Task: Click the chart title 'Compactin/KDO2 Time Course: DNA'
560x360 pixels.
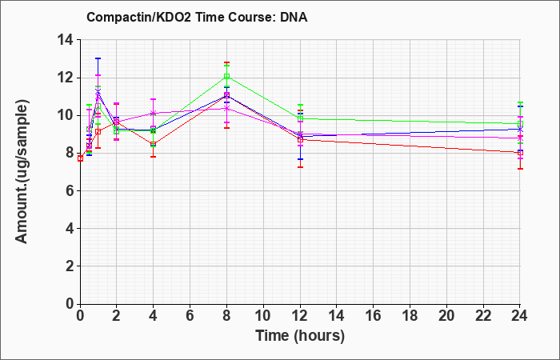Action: [x=197, y=17]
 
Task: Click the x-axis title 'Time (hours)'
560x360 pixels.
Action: [x=300, y=336]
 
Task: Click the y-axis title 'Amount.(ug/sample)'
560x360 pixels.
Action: [x=22, y=172]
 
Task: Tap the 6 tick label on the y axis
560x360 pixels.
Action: [x=70, y=190]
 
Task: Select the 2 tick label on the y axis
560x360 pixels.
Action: [x=70, y=266]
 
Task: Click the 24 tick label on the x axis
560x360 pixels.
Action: [x=520, y=316]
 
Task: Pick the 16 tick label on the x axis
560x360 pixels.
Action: [x=374, y=316]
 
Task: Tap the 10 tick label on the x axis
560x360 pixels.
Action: [x=263, y=316]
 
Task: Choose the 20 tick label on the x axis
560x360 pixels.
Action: [x=446, y=316]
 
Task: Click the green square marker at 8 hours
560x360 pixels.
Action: [x=226, y=77]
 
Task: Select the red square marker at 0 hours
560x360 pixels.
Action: [x=80, y=158]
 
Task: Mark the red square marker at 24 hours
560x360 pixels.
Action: [x=520, y=153]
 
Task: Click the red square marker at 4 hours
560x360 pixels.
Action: [x=154, y=144]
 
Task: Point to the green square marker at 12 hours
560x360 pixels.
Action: [x=300, y=118]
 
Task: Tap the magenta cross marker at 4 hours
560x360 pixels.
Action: [x=154, y=114]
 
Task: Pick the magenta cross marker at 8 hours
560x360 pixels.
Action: [x=226, y=109]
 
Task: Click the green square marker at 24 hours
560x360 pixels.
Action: [x=520, y=124]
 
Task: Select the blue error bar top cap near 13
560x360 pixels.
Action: [x=98, y=58]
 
